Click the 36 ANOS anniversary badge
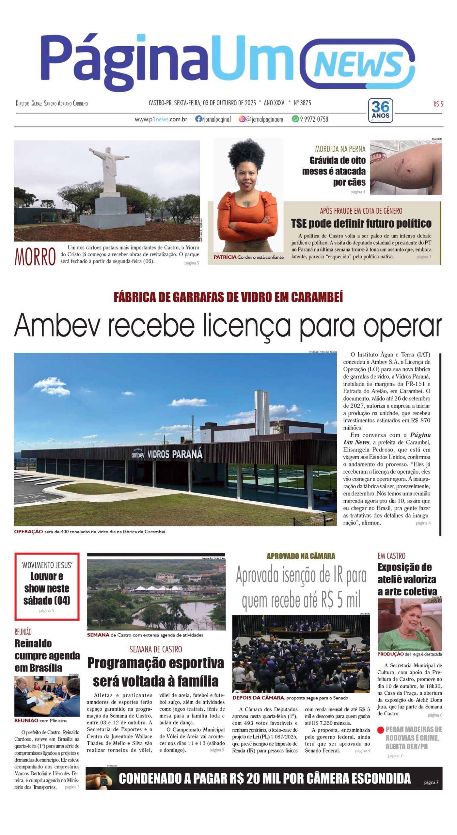point(380,110)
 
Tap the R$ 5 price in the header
point(438,104)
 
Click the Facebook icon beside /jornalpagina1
point(198,119)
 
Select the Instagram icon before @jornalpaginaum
point(242,119)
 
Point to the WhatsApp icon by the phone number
point(295,119)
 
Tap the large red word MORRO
point(35,257)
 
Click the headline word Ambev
point(57,325)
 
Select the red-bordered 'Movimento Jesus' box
point(47,586)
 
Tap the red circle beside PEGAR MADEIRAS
point(380,730)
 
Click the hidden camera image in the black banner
point(101,779)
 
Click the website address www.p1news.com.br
point(161,119)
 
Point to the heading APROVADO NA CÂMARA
point(301,556)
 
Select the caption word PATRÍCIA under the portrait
point(225,257)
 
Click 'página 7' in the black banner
point(431,782)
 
